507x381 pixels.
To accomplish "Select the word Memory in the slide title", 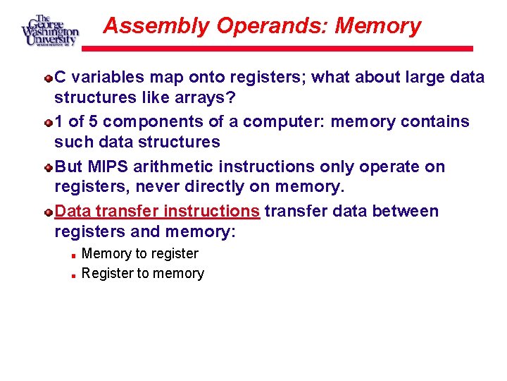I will (x=378, y=26).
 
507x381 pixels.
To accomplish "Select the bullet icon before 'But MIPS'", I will (x=48, y=167).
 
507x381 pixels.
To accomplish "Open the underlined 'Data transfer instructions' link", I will (x=157, y=211).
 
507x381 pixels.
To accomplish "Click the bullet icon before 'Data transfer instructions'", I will (x=48, y=212).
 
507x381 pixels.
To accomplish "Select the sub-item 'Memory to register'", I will (x=140, y=253).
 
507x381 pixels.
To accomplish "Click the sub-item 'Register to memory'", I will (x=143, y=273).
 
